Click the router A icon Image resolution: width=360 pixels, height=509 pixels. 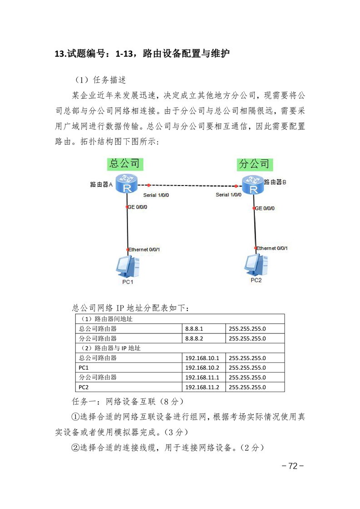coord(127,183)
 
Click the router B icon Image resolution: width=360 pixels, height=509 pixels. coord(253,185)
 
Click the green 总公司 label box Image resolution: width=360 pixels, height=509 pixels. coord(125,164)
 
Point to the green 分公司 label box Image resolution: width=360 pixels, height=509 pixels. coord(255,164)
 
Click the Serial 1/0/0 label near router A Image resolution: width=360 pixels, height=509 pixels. coord(156,195)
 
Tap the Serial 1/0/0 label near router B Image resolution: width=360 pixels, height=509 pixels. coord(228,195)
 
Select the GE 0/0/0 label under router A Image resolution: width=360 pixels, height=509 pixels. coord(137,207)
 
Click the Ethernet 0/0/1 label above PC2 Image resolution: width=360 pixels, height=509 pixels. coord(272,248)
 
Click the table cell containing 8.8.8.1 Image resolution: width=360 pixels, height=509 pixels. coord(204,328)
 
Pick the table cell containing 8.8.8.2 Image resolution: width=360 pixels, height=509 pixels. coord(204,338)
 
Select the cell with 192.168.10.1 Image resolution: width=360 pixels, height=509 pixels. coord(204,358)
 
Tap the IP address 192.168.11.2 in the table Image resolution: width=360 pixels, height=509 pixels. coord(202,387)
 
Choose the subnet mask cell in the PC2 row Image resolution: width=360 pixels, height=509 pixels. coord(255,387)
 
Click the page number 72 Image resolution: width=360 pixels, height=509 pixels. coord(293,466)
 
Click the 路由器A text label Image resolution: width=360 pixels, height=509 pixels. coord(101,184)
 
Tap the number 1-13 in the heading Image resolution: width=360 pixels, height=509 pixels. coord(124,54)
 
